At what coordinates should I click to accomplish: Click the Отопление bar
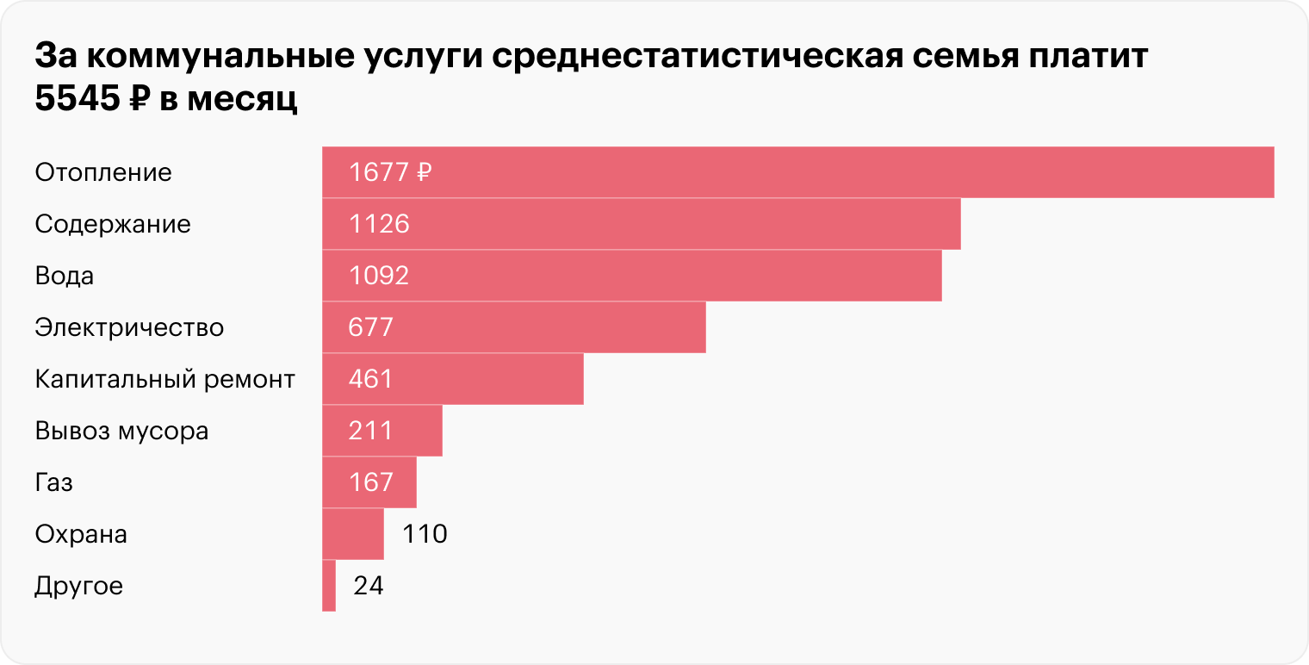point(797,172)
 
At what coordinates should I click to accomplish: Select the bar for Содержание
point(641,224)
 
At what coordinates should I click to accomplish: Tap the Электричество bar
point(513,327)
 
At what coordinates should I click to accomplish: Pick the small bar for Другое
point(329,586)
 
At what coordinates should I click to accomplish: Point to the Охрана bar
point(353,534)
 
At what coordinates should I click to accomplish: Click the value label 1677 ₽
point(389,172)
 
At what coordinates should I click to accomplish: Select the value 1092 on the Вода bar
point(379,276)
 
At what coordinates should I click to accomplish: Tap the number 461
point(371,379)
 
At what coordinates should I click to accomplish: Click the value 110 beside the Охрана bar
point(425,534)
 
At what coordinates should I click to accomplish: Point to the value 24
point(368,586)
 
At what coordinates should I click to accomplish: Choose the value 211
point(371,431)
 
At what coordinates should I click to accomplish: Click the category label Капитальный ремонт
point(164,379)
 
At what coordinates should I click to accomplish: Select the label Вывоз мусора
point(121,431)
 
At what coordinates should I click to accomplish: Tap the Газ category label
point(53,482)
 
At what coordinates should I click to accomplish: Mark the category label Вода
point(64,276)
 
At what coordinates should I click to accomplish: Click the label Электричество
point(129,327)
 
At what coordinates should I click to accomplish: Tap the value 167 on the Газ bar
point(371,482)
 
